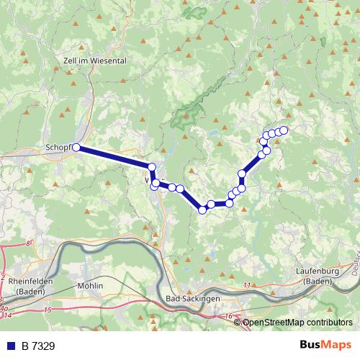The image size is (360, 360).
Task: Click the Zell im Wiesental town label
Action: coord(94,61)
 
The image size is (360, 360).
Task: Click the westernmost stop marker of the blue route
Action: coord(76,148)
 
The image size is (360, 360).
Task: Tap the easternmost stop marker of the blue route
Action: coord(284,130)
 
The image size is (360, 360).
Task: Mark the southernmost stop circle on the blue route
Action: coord(202,210)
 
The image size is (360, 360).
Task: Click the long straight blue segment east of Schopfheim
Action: coord(114,158)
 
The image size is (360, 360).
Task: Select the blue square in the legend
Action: coord(9,346)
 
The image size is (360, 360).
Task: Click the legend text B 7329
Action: coord(37,346)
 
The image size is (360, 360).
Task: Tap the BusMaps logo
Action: coord(326,345)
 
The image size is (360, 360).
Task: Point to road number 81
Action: coord(29,245)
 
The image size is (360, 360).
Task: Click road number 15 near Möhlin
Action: coord(48,310)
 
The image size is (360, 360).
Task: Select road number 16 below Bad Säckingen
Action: coord(229,317)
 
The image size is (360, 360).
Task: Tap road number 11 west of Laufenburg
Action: coord(248,286)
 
